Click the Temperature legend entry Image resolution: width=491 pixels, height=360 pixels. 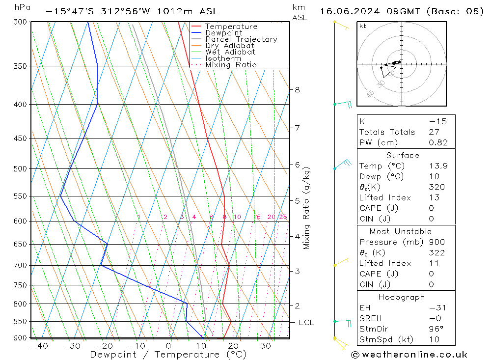pyautogui.click(x=231, y=27)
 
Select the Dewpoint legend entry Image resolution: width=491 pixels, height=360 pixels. pyautogui.click(x=224, y=33)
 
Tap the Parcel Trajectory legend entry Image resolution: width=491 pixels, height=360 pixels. pyautogui.click(x=241, y=39)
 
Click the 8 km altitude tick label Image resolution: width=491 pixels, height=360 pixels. pyautogui.click(x=297, y=89)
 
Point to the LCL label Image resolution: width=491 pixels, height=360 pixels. pyautogui.click(x=306, y=323)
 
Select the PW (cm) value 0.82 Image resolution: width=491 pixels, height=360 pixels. pyautogui.click(x=438, y=142)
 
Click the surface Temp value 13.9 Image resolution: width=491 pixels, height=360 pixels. pyautogui.click(x=438, y=166)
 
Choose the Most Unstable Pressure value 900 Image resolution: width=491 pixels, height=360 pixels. pyautogui.click(x=436, y=242)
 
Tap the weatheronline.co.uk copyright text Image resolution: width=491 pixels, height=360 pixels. pyautogui.click(x=409, y=355)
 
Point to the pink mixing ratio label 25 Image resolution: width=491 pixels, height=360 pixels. pyautogui.click(x=283, y=217)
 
